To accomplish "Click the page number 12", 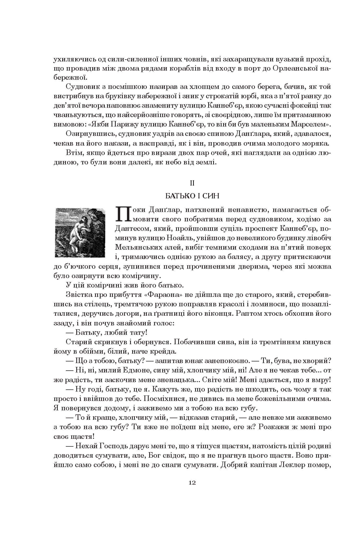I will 192,482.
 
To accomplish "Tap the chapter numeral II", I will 192,183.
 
